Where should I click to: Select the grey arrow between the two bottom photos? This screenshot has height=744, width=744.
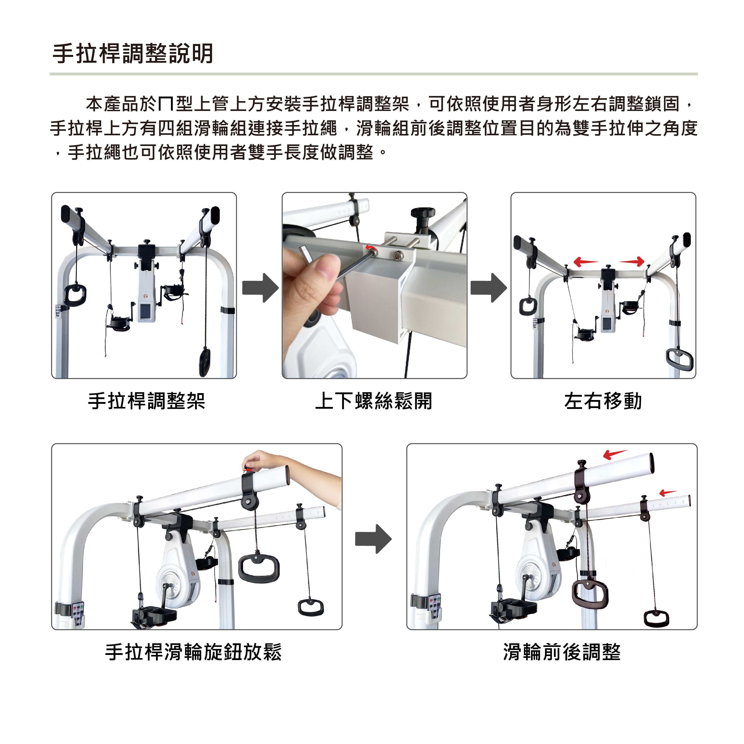point(373,539)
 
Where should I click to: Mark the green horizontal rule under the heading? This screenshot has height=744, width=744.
point(373,74)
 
